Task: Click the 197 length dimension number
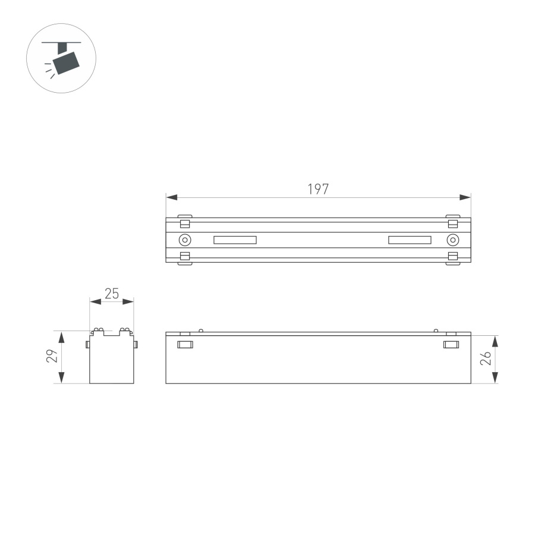(x=318, y=189)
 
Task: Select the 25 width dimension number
(x=112, y=293)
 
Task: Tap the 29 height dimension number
(x=52, y=357)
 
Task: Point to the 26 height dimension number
(x=486, y=358)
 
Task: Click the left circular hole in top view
(x=185, y=240)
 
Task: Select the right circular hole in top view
(x=452, y=240)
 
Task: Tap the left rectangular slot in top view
(x=235, y=240)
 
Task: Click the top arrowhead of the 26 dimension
(x=495, y=341)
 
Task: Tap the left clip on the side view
(x=185, y=344)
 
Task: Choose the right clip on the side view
(x=451, y=344)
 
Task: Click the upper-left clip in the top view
(x=185, y=222)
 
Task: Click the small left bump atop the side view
(x=201, y=331)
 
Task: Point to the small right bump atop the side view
(x=436, y=331)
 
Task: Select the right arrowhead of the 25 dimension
(x=128, y=302)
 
